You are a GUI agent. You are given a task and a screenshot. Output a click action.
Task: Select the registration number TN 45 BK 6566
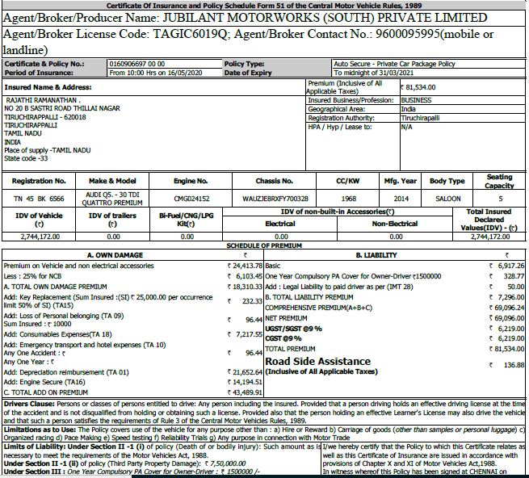pyautogui.click(x=39, y=197)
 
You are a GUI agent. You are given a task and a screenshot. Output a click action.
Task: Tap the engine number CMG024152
pyautogui.click(x=191, y=197)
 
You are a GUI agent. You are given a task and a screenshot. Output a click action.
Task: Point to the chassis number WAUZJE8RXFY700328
pyautogui.click(x=275, y=197)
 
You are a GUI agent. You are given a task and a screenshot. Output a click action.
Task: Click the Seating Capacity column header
pyautogui.click(x=499, y=180)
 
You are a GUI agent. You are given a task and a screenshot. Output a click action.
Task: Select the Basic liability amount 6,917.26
pyautogui.click(x=507, y=265)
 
